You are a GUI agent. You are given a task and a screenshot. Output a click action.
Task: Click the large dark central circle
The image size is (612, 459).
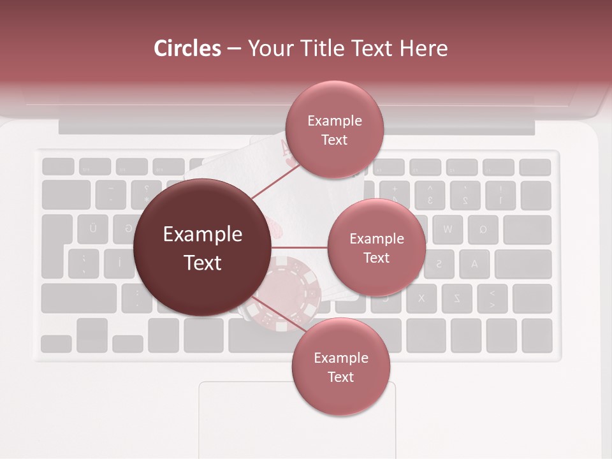[202, 248]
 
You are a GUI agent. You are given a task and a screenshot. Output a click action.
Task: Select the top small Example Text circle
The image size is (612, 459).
[334, 129]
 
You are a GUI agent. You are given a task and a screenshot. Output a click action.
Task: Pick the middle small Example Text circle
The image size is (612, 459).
[376, 247]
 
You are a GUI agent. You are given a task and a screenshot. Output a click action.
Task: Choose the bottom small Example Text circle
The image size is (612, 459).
[340, 367]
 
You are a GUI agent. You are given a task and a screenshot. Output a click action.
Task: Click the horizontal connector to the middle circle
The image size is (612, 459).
[300, 247]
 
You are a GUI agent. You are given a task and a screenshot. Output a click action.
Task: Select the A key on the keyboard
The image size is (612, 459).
[473, 264]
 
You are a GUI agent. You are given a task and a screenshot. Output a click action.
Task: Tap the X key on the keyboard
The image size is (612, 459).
[421, 298]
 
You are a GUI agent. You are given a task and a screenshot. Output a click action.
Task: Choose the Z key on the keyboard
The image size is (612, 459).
[456, 298]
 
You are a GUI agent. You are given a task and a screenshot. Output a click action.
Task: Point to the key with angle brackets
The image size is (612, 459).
[491, 298]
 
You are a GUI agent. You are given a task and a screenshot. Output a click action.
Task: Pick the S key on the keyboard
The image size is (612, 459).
[439, 264]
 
